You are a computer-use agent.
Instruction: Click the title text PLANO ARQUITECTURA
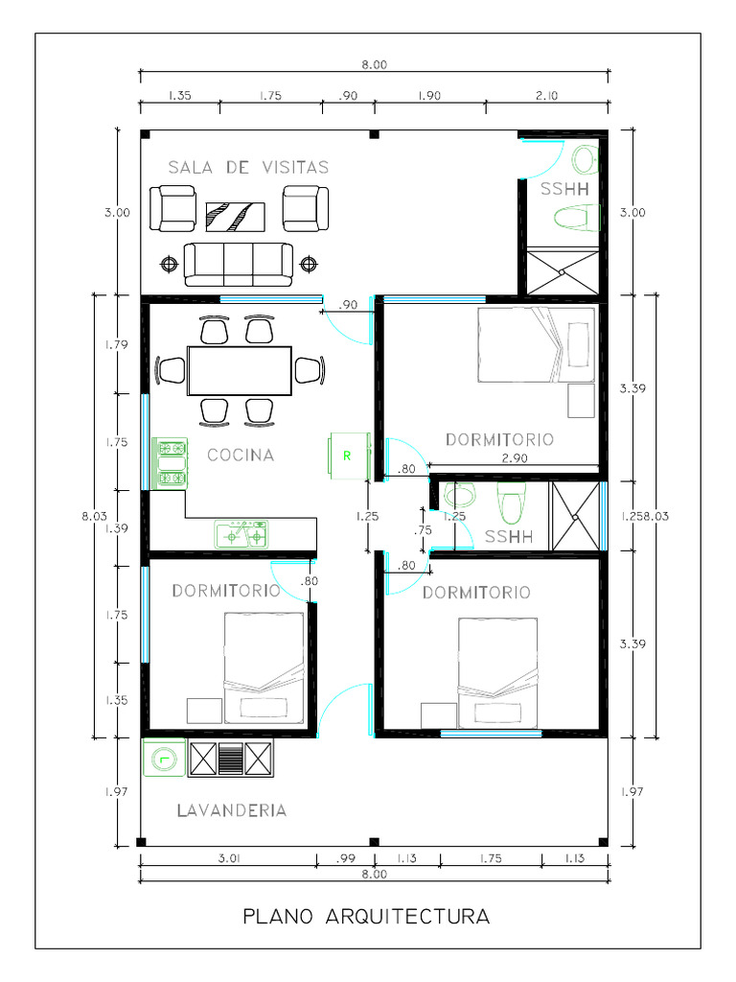367,916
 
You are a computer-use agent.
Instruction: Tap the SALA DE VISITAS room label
248,167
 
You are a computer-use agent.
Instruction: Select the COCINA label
241,456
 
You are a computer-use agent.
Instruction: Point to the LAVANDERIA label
232,810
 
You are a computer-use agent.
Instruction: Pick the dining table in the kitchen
240,370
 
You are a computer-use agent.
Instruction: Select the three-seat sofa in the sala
239,264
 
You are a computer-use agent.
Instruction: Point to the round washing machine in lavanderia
164,759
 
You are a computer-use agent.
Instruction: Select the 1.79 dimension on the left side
117,345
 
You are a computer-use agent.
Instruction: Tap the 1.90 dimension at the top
429,95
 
